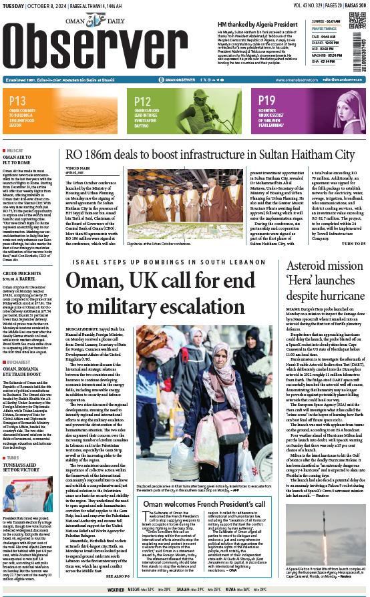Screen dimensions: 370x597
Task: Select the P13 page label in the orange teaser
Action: tap(18, 101)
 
